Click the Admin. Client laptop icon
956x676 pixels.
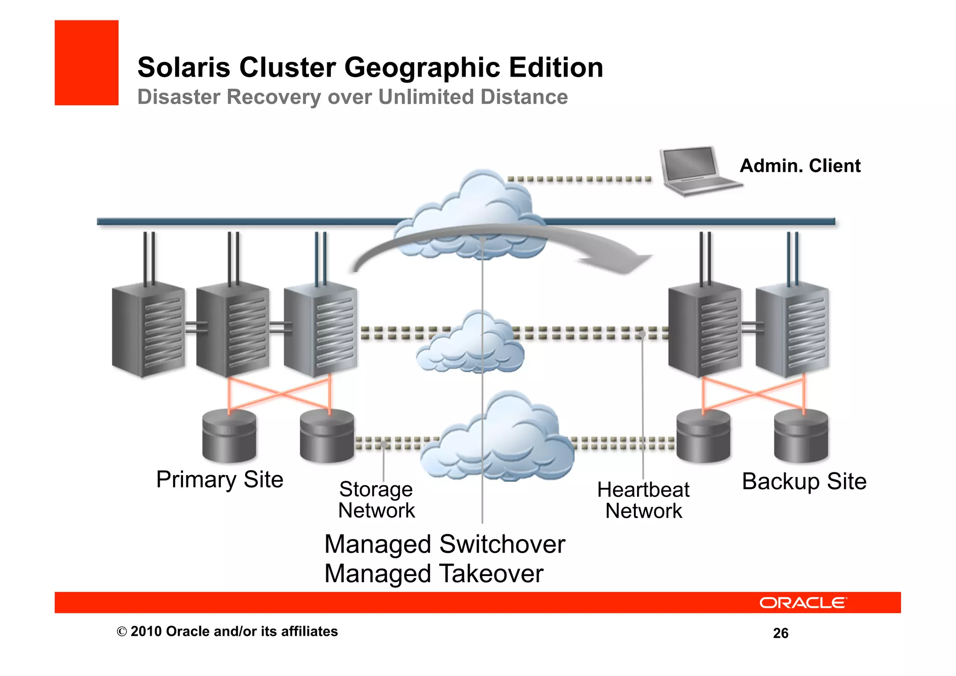pos(696,171)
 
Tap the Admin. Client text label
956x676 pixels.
pos(800,166)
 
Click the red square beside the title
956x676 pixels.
pos(86,63)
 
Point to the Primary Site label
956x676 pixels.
pos(219,480)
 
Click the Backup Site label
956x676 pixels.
pos(804,481)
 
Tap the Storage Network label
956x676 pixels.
pos(376,500)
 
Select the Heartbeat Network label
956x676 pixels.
pos(643,500)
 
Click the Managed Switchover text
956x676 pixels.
pos(444,544)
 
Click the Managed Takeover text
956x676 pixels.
pos(434,574)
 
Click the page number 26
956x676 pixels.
pos(780,633)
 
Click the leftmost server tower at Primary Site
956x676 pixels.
pos(148,329)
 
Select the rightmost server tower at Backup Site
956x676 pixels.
pos(792,329)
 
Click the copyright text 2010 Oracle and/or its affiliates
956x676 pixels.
pos(227,632)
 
